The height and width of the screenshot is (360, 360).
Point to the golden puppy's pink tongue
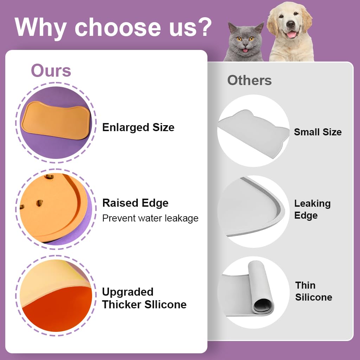291,34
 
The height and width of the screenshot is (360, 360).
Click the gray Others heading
249,80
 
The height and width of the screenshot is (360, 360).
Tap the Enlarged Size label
138,127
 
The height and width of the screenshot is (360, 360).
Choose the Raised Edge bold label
135,203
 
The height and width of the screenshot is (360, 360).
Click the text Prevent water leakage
150,218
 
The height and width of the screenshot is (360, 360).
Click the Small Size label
317,132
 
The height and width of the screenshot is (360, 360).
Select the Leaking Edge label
312,210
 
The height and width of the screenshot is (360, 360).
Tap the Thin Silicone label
313,291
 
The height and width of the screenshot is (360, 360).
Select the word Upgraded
128,292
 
